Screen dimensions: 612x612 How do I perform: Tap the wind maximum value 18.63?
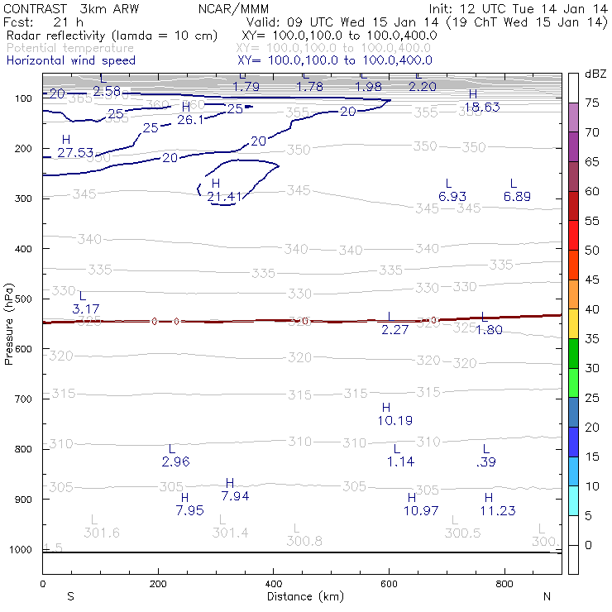(x=481, y=107)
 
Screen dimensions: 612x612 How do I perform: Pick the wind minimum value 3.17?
(x=86, y=308)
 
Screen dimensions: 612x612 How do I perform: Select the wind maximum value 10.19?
(x=394, y=421)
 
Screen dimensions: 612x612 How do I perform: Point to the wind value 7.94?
(x=235, y=496)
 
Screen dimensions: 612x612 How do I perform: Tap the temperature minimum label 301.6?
(x=102, y=533)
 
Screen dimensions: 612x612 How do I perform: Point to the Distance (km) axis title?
(x=305, y=596)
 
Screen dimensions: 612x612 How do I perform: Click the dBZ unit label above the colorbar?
(x=595, y=74)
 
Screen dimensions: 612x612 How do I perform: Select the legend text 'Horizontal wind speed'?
(x=70, y=60)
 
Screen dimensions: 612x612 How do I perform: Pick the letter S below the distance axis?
(x=71, y=596)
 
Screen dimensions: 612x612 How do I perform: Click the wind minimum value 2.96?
(x=176, y=461)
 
